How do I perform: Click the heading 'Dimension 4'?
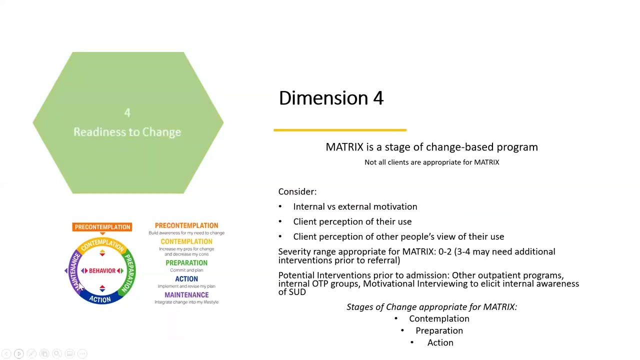331,98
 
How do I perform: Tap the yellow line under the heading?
340,130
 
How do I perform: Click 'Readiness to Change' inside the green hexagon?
127,132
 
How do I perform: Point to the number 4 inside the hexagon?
127,113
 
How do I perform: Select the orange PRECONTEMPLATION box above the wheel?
102,227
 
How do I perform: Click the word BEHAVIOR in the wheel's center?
102,270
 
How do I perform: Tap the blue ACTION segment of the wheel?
100,299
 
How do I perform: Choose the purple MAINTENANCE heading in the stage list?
186,295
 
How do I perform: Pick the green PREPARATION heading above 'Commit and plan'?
186,263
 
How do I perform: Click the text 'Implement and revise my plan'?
186,286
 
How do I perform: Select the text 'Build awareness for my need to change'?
186,233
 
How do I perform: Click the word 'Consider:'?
297,191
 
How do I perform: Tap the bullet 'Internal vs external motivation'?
355,206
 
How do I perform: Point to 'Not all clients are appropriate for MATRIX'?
431,162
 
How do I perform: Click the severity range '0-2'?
444,251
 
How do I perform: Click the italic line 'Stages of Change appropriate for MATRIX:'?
431,307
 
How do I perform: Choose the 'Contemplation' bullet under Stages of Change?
439,318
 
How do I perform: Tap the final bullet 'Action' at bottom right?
440,342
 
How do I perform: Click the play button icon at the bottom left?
18,354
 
